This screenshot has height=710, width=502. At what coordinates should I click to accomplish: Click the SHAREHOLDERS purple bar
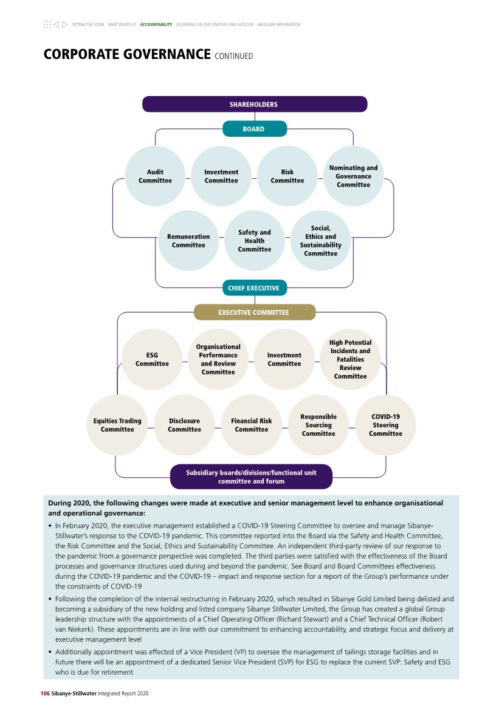click(254, 104)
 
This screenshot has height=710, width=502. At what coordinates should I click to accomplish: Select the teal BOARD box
click(254, 129)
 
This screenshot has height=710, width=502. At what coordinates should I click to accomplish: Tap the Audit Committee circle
click(155, 176)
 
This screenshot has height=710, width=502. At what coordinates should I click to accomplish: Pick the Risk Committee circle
click(287, 176)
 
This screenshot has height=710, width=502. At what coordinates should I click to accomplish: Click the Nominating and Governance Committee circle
click(353, 176)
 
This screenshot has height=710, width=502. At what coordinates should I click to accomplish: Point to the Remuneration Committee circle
click(188, 241)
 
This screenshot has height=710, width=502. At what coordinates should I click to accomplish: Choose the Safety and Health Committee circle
click(255, 241)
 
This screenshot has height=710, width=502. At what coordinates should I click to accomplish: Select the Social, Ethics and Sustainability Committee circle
click(320, 241)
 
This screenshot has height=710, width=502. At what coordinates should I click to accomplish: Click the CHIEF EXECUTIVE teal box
click(254, 288)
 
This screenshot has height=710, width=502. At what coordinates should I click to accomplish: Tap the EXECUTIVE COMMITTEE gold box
click(254, 312)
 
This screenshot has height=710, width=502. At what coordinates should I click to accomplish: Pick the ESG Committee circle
click(152, 359)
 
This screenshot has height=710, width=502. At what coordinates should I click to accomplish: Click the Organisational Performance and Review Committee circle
click(218, 359)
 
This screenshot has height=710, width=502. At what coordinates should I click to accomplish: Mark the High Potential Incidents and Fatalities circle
click(350, 359)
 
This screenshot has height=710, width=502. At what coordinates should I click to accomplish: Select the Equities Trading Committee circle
click(117, 425)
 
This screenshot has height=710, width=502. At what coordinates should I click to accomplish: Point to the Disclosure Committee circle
click(184, 425)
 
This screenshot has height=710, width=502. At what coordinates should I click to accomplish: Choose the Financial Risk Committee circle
click(252, 425)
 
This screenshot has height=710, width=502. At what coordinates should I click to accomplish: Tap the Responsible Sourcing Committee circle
click(318, 425)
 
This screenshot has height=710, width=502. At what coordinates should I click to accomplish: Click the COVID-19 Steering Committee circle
click(385, 425)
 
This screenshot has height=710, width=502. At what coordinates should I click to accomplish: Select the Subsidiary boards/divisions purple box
click(251, 477)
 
